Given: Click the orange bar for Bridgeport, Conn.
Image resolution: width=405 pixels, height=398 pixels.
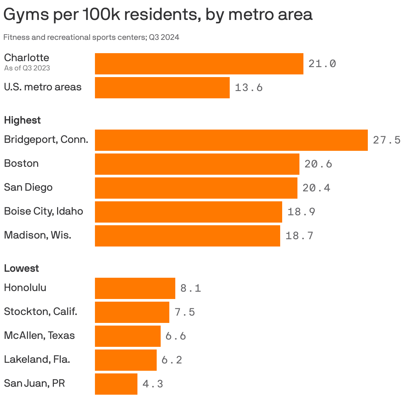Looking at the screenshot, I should pos(231,140).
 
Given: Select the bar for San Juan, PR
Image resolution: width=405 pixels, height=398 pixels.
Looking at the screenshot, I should pos(116,384).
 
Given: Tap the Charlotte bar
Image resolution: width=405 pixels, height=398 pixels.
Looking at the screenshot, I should pos(199,64).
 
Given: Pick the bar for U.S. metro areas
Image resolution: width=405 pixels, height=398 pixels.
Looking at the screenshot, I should pos(162,88).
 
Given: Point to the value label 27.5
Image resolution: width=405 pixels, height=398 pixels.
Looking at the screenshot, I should pos(387,140).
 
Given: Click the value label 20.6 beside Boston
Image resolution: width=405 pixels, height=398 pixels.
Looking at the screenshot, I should pos(318,164).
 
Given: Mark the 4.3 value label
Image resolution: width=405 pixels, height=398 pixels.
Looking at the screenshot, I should pos(153,384).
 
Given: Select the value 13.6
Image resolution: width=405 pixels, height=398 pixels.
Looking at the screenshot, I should pos(249,88).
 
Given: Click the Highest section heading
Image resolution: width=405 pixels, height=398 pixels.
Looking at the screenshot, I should pos(22,120).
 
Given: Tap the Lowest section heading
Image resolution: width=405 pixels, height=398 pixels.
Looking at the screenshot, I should pos(21,268).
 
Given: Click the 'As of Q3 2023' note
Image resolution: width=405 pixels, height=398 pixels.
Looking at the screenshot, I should pos(27,68).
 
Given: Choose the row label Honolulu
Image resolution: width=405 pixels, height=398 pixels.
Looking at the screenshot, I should pos(25,287).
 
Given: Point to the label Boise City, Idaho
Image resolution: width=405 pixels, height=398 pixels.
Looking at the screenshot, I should pos(43,211).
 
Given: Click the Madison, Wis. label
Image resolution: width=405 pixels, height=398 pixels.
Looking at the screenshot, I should pos(38,235).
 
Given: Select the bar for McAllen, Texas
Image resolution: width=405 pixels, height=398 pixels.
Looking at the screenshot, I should pos(127,336).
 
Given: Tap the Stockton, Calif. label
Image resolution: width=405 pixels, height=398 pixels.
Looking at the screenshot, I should pos(40,312).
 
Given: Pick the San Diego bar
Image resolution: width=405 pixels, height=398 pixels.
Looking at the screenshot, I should pos(196,188).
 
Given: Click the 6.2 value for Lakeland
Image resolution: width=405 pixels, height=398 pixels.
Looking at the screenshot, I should pos(172,360).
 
